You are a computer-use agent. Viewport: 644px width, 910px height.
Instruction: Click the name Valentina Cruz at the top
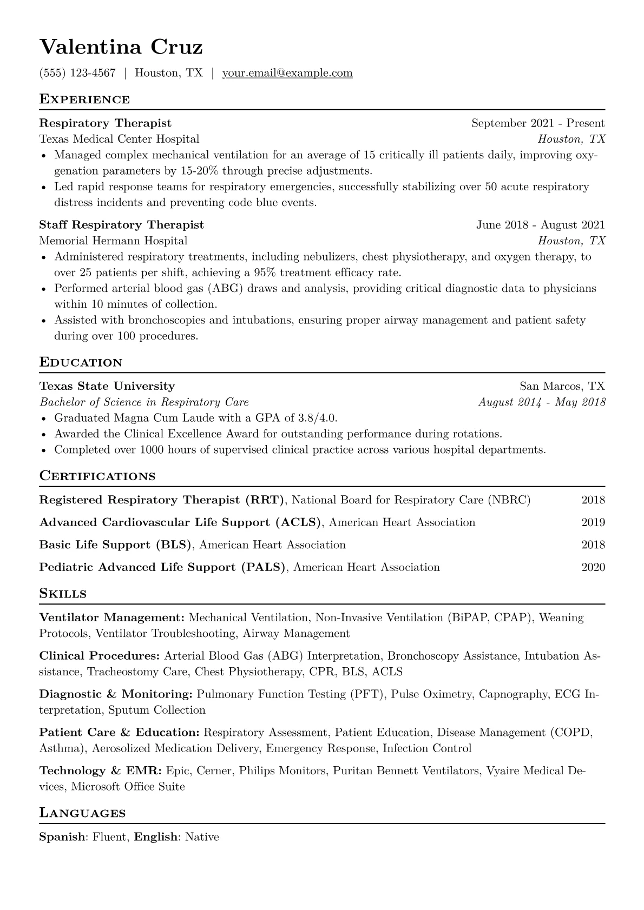pos(121,47)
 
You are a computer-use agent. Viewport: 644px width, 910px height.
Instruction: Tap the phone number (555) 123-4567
pos(77,73)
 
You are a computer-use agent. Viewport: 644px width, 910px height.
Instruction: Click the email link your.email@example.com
pos(287,73)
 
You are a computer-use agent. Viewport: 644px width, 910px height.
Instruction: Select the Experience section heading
pos(84,99)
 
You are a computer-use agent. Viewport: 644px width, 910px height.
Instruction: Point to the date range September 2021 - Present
pos(538,123)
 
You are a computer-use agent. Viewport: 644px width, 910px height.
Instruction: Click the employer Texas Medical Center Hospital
pos(119,139)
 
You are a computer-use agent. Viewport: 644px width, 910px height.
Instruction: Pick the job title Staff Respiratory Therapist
pos(122,225)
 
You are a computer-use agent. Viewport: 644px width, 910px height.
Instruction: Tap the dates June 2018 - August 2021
pos(540,225)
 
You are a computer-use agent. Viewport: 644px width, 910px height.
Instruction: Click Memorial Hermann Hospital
pos(113,241)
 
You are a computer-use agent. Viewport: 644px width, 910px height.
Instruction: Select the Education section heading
pos(81,362)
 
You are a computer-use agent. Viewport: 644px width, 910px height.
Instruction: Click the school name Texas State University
pos(107,386)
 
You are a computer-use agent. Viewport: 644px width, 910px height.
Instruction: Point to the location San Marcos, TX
pos(562,386)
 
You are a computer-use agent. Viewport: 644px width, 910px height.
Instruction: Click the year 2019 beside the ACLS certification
pos(593,522)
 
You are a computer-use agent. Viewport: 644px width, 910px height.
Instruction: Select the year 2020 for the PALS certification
pos(593,567)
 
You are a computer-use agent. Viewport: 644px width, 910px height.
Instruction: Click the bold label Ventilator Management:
pos(112,617)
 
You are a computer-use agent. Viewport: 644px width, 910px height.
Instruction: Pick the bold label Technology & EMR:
pos(100,770)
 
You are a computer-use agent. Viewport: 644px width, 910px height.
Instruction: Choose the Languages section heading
pos(82,813)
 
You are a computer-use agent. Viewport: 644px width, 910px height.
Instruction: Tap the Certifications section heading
pos(97,476)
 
